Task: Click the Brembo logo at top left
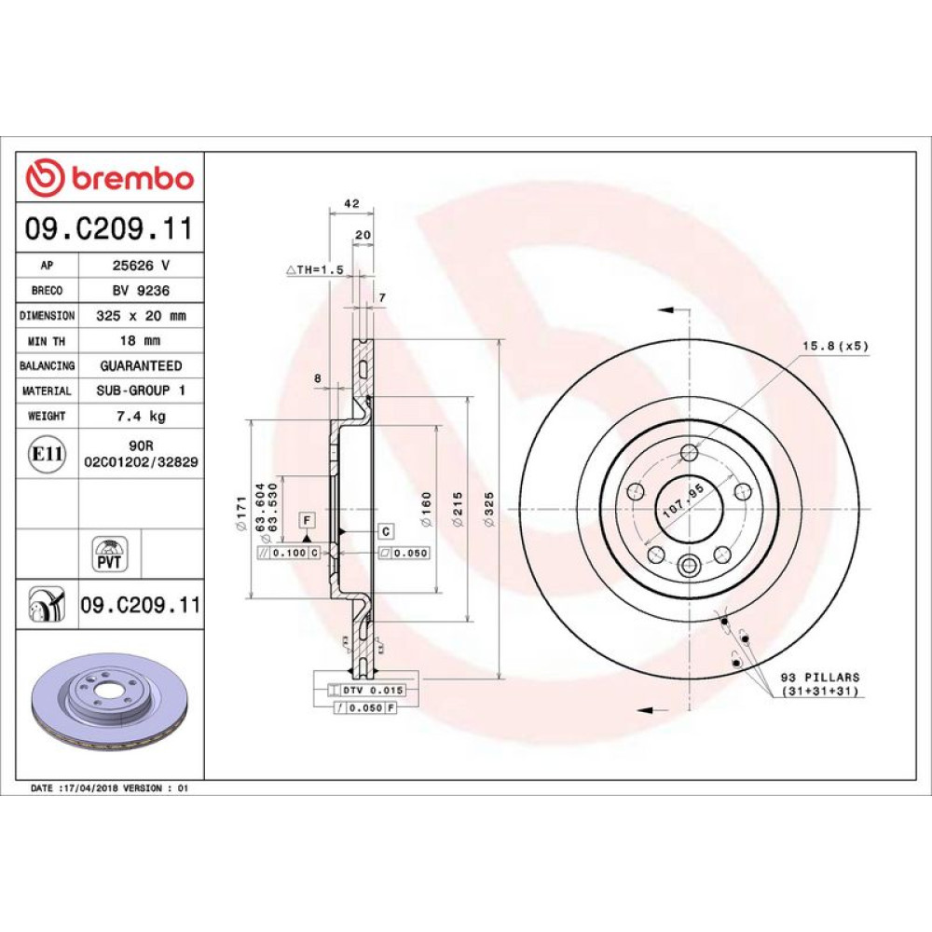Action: pyautogui.click(x=110, y=178)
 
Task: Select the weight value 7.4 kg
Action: pyautogui.click(x=141, y=416)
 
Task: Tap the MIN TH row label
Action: pyautogui.click(x=47, y=341)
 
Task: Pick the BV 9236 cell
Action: pyautogui.click(x=141, y=291)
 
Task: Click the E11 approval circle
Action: pyautogui.click(x=47, y=454)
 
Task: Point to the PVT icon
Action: pyautogui.click(x=109, y=554)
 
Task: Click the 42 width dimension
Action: pyautogui.click(x=352, y=203)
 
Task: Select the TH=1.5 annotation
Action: pyautogui.click(x=316, y=270)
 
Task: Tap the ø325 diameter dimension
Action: pyautogui.click(x=489, y=509)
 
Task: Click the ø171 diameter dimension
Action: pyautogui.click(x=241, y=513)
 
